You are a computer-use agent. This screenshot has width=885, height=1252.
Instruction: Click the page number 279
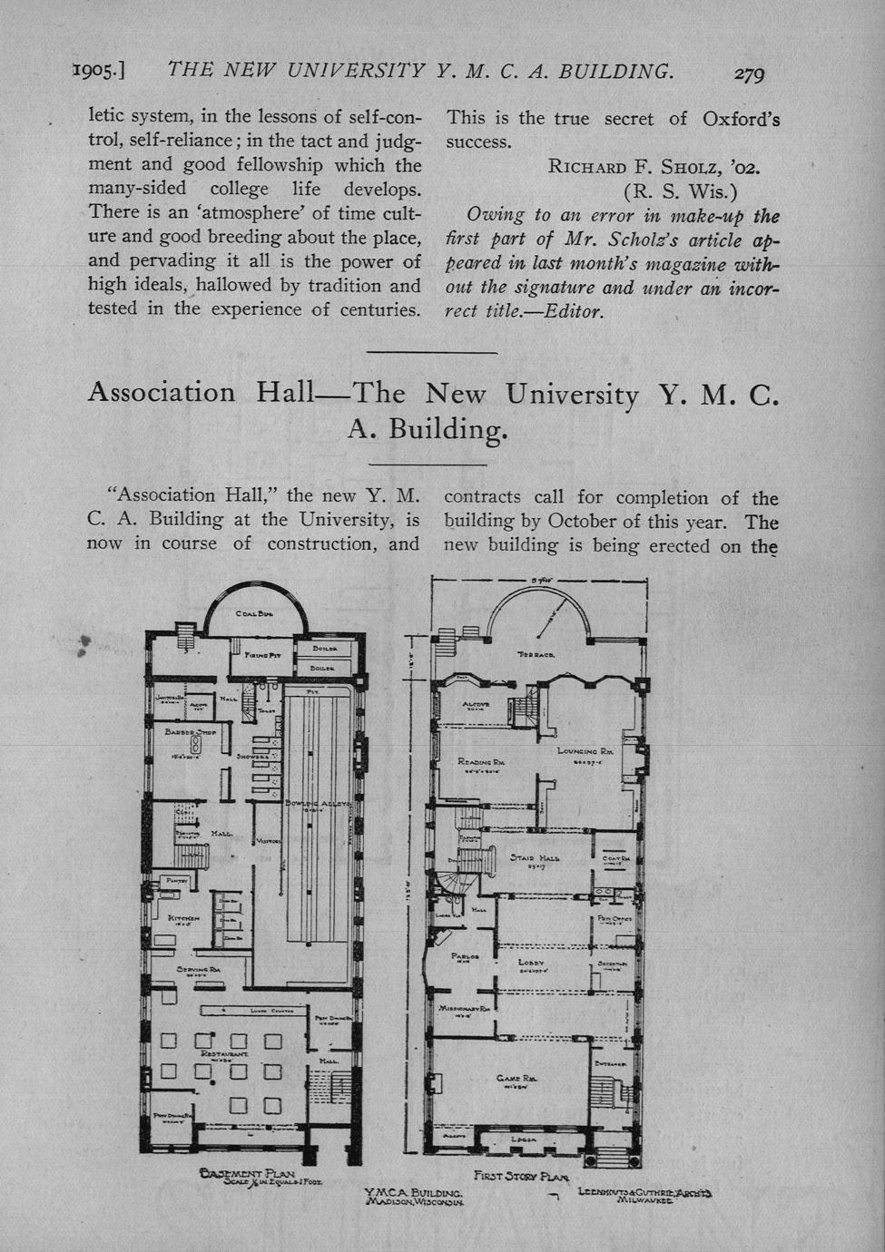(750, 73)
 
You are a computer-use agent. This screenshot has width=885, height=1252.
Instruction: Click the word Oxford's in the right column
(741, 119)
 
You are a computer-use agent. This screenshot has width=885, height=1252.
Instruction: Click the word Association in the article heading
(161, 393)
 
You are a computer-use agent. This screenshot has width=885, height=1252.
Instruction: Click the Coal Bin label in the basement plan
(254, 614)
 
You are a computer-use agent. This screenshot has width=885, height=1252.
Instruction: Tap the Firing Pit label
(263, 654)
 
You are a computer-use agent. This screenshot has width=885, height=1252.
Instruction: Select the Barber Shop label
(188, 730)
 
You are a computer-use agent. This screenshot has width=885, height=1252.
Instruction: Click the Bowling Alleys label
(318, 804)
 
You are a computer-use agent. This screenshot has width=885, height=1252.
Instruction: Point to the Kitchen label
(184, 919)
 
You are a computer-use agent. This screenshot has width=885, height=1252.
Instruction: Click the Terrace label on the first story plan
(536, 654)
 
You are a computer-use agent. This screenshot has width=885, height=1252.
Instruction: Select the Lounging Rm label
(585, 751)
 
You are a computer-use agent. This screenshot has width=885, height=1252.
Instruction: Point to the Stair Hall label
(535, 857)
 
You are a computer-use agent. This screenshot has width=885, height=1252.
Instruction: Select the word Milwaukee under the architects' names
(644, 1199)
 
